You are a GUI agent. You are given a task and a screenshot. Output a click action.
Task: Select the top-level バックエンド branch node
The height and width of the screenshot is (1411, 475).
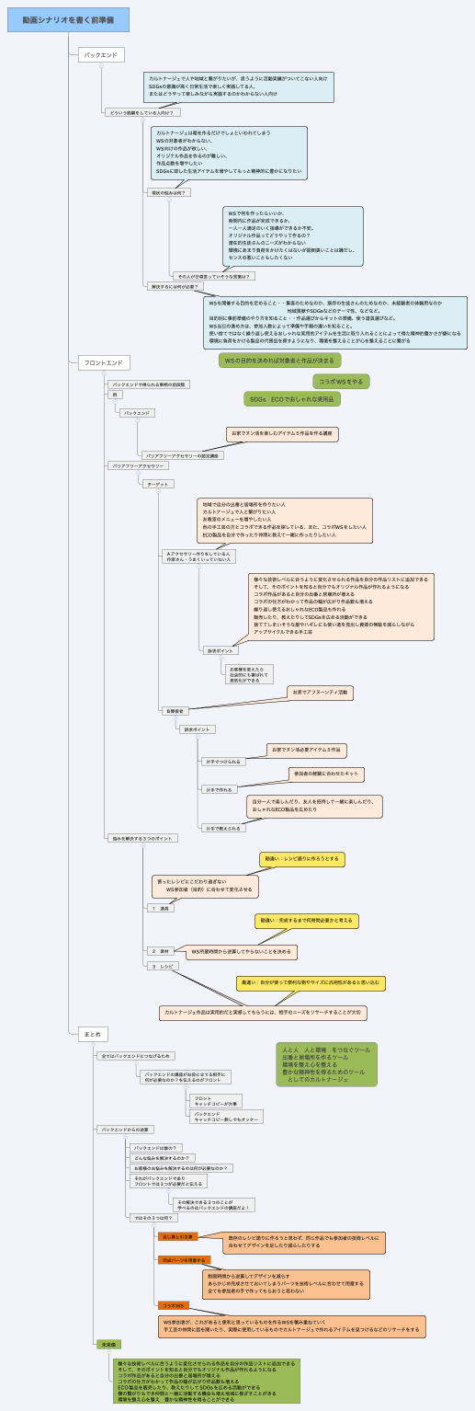[x=100, y=55]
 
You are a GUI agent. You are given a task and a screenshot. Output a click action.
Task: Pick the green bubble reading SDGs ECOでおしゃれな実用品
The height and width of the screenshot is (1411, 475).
[x=291, y=399]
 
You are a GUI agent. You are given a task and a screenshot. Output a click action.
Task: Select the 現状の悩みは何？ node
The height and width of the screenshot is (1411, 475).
[x=169, y=193]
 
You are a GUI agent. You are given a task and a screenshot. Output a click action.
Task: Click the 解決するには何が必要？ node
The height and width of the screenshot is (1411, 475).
[x=173, y=286]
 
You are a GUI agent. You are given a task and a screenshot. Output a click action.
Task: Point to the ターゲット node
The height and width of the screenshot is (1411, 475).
[x=158, y=483]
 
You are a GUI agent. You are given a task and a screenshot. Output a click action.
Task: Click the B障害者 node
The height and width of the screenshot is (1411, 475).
[x=174, y=711]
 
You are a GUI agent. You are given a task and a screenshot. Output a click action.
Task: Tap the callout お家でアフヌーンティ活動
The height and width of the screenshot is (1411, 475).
[x=320, y=693]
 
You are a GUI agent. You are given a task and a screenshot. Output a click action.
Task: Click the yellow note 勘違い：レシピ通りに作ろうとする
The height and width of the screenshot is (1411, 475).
[x=301, y=859]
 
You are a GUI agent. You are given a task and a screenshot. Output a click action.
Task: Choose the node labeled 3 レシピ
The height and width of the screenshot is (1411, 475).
[x=163, y=967]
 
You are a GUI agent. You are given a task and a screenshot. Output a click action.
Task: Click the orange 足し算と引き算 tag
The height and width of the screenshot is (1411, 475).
[x=177, y=1236]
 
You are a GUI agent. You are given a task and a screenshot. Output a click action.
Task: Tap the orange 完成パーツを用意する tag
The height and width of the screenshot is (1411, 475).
[x=184, y=1260]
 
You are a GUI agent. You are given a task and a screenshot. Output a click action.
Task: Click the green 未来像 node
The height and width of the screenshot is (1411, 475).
[x=108, y=1344]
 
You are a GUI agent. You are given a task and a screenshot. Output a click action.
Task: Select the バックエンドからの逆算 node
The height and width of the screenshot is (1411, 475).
[x=125, y=1129]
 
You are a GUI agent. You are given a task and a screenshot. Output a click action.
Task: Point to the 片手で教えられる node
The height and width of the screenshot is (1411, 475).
[x=224, y=828]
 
